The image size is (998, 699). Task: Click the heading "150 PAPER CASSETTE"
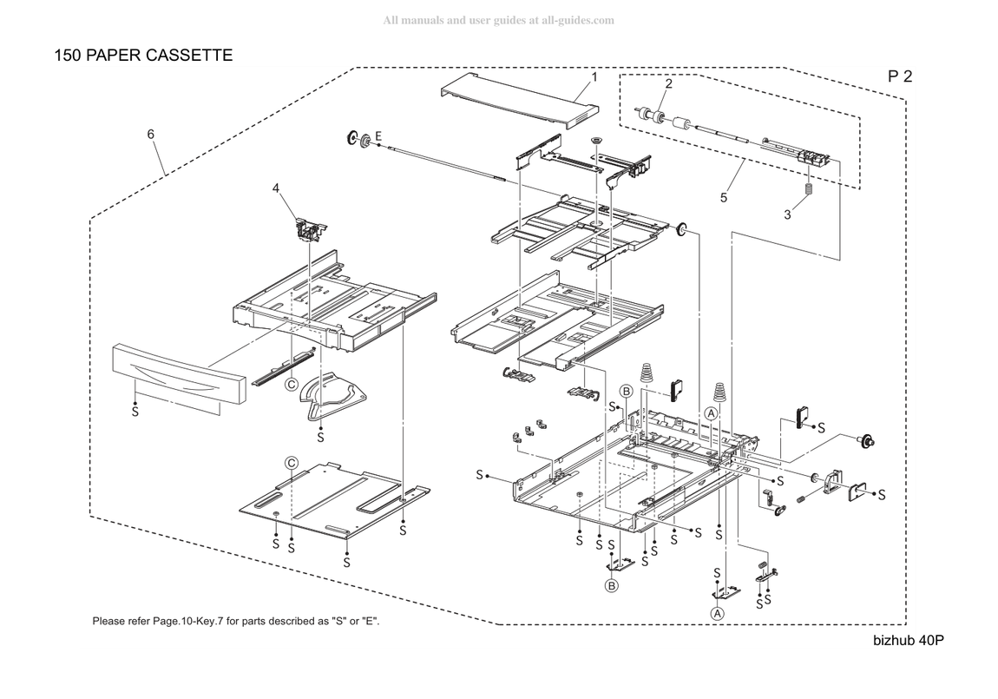[x=143, y=56]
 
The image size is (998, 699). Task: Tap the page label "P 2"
[x=900, y=76]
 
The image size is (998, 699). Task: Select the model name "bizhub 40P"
[x=909, y=641]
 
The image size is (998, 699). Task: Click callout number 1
[x=594, y=77]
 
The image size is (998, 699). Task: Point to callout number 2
[x=669, y=83]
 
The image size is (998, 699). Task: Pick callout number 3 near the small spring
[x=787, y=215]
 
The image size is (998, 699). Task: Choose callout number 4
[x=276, y=188]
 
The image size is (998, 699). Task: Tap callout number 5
[x=724, y=198]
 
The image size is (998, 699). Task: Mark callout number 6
[x=151, y=135]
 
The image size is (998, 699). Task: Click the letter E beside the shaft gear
[x=378, y=136]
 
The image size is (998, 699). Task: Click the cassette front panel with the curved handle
[x=179, y=375]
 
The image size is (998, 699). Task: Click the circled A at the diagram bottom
[x=718, y=614]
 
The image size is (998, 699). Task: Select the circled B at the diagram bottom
[x=611, y=585]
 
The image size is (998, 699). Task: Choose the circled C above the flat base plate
[x=292, y=463]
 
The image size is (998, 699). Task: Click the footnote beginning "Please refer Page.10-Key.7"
[x=236, y=622]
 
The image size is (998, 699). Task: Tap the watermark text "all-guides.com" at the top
[x=578, y=20]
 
